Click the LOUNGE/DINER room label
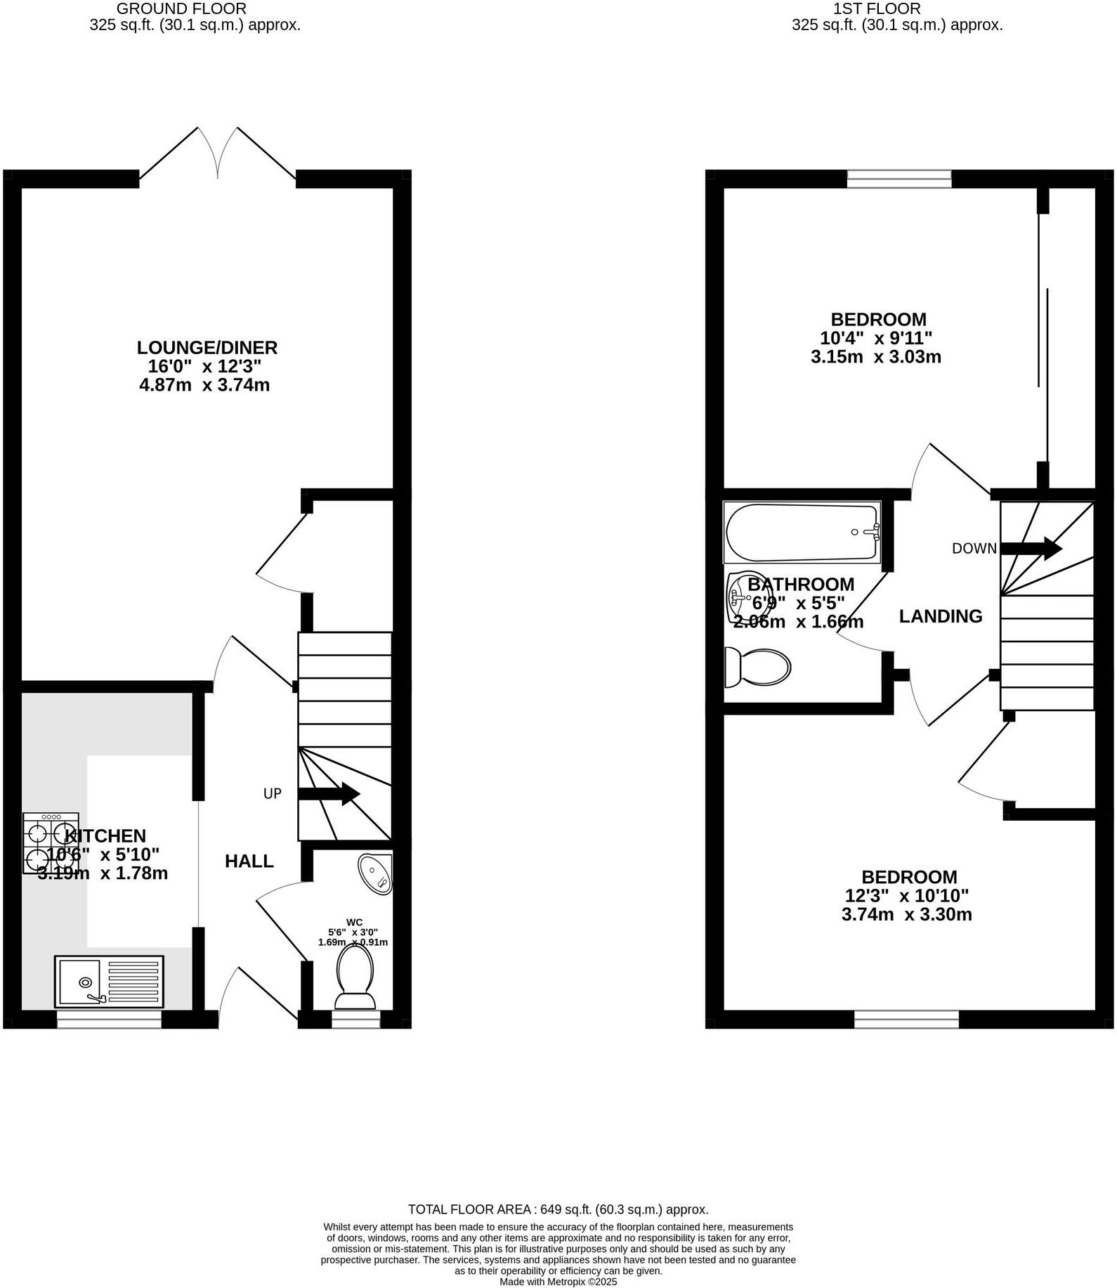[x=207, y=347]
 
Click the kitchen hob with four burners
[x=50, y=843]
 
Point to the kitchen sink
[x=109, y=980]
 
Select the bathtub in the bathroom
[x=802, y=532]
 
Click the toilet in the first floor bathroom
[x=757, y=666]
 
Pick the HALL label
[x=249, y=861]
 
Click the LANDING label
[x=941, y=616]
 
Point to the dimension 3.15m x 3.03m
[x=875, y=357]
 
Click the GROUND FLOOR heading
[x=181, y=9]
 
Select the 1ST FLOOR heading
[x=877, y=9]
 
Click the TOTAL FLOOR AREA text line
[x=558, y=1209]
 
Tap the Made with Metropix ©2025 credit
[x=558, y=1282]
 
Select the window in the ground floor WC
[x=355, y=1020]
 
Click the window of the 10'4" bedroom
[x=899, y=179]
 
